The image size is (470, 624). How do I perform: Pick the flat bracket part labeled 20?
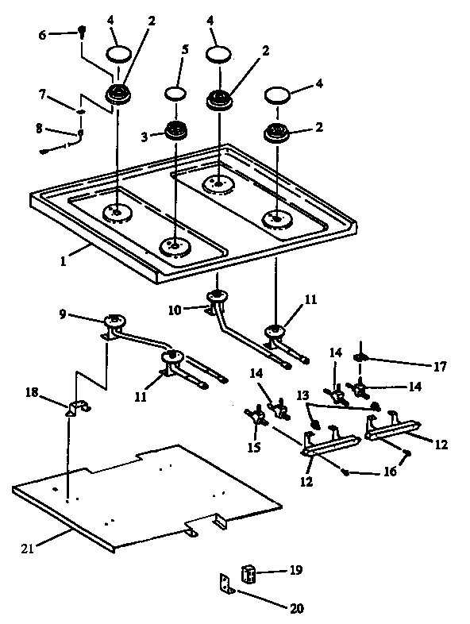(x=227, y=584)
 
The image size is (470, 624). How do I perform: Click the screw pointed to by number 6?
(x=82, y=32)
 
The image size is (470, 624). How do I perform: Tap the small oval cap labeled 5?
(x=175, y=94)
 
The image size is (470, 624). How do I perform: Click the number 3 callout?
(x=145, y=137)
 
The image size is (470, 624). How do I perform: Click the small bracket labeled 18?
(x=77, y=408)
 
